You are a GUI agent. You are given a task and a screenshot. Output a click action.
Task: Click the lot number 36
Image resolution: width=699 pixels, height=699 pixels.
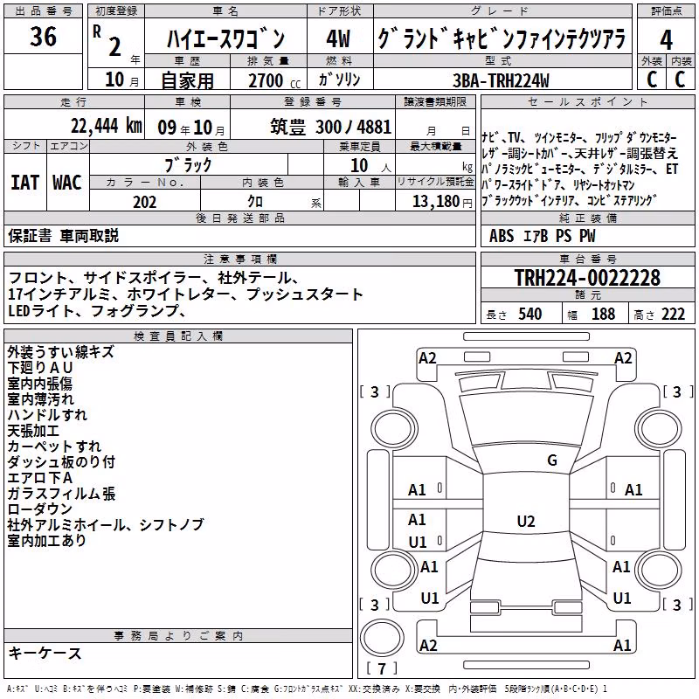click(x=43, y=37)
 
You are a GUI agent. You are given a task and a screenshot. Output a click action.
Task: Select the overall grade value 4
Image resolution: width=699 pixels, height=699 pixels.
click(x=666, y=39)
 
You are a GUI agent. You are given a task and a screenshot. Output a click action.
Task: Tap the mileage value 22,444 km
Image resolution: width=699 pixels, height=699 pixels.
click(x=107, y=126)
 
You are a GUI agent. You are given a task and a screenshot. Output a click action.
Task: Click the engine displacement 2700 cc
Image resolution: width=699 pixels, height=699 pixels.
click(x=274, y=80)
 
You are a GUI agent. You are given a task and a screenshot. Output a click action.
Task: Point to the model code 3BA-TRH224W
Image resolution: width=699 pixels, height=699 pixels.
click(x=501, y=80)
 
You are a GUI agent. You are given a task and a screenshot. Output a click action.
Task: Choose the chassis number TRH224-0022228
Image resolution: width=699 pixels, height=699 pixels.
click(x=587, y=278)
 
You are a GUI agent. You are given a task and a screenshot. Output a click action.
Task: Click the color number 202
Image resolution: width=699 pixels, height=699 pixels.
click(x=145, y=202)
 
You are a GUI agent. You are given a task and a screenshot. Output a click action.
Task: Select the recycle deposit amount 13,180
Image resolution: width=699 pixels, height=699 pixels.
click(x=435, y=202)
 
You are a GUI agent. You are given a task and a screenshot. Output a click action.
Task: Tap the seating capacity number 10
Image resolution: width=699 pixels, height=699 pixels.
click(x=359, y=166)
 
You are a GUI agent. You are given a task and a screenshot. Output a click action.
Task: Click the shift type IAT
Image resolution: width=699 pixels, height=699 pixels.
click(x=25, y=183)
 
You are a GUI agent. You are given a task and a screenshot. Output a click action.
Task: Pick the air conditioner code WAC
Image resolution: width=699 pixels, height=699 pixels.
click(x=67, y=183)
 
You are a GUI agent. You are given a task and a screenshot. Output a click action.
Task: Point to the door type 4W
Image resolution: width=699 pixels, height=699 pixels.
click(x=338, y=38)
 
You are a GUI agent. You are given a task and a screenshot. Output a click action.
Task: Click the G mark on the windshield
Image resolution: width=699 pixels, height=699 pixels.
click(x=552, y=460)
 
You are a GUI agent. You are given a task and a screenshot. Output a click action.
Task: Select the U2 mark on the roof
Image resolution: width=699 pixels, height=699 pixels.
click(x=526, y=521)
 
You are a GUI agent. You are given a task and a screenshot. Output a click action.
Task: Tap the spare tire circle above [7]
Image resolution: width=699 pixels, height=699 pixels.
click(x=382, y=638)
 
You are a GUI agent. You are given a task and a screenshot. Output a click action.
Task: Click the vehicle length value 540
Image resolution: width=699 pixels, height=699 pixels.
click(x=530, y=315)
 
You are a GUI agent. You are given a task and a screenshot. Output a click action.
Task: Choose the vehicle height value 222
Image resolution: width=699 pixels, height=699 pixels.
click(x=673, y=315)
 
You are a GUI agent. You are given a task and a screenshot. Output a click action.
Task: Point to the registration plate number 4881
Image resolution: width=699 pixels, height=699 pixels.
click(x=374, y=127)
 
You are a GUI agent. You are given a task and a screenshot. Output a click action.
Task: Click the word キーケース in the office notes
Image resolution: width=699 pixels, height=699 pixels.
click(x=45, y=654)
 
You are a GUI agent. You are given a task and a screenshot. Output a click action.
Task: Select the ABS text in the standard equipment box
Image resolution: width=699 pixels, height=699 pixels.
click(x=502, y=236)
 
